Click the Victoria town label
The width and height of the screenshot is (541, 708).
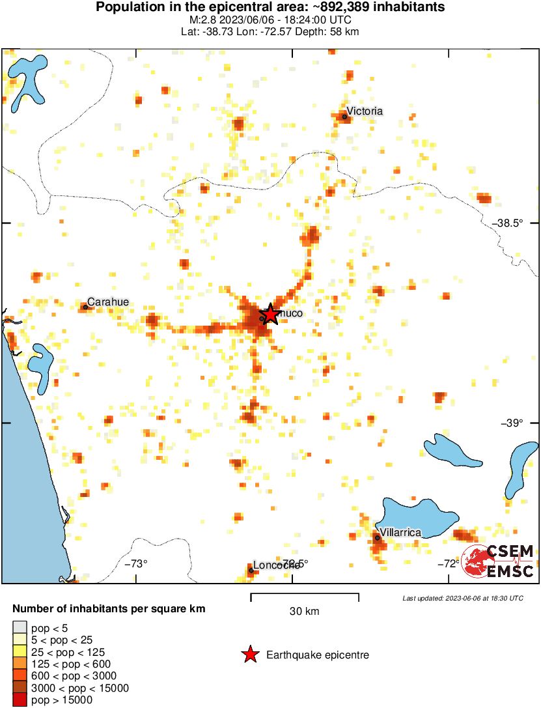(365, 111)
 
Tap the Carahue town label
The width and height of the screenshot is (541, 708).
(108, 302)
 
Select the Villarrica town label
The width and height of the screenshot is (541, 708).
(400, 532)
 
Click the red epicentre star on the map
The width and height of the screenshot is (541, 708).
(270, 315)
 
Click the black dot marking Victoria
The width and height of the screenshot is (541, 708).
(344, 117)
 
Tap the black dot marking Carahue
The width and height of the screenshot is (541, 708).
(85, 307)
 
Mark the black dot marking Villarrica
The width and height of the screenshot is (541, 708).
(378, 537)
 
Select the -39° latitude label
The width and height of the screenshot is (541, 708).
(512, 423)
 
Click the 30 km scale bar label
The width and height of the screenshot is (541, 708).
(304, 612)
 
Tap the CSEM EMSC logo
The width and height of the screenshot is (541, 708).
(498, 561)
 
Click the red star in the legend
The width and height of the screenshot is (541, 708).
(249, 655)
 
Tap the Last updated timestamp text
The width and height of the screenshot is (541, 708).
(462, 598)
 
